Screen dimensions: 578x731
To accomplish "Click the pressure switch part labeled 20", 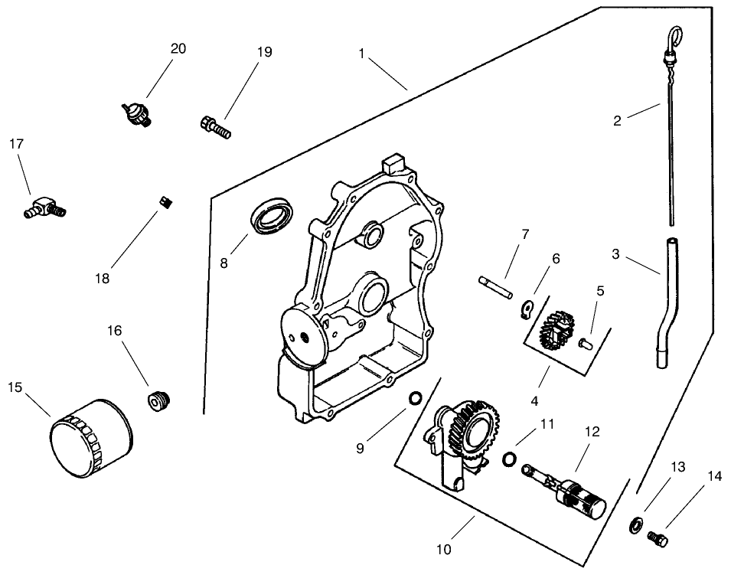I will [x=135, y=114].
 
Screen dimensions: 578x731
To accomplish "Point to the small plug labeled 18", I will [x=163, y=201].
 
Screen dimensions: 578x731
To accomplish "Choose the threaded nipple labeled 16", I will [x=158, y=400].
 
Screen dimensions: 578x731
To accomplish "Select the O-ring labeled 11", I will [x=508, y=459].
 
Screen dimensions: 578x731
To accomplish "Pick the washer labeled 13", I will [x=635, y=524].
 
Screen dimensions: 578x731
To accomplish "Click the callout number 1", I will [x=361, y=55].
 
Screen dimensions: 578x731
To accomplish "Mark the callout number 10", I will [x=444, y=549].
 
